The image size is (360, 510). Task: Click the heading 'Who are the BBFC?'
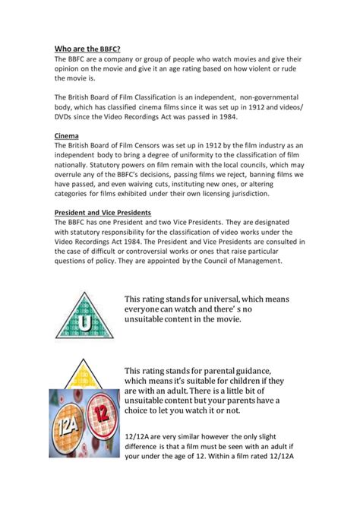(x=87, y=47)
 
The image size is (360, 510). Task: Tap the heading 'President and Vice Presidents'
(x=107, y=212)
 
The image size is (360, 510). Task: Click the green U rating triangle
(x=84, y=319)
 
